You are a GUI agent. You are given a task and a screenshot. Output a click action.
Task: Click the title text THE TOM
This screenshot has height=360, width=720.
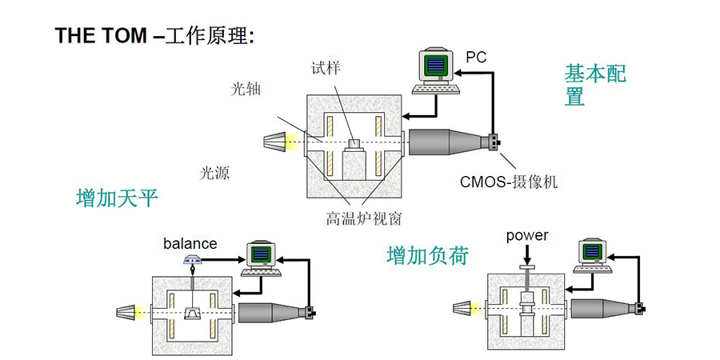click(100, 37)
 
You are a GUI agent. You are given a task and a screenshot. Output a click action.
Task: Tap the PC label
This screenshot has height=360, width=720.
click(476, 56)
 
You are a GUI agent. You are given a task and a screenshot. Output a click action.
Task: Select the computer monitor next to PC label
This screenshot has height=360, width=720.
click(438, 66)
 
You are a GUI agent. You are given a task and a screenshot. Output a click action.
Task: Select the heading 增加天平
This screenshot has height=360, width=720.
click(117, 197)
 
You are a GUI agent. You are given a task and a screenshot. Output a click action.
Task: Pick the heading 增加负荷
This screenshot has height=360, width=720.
click(427, 255)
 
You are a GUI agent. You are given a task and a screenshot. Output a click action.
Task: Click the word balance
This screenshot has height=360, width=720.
click(190, 242)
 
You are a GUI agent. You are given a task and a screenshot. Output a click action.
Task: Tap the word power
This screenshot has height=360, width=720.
click(527, 235)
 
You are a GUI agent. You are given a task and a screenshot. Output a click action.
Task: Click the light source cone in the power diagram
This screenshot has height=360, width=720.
click(465, 307)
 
